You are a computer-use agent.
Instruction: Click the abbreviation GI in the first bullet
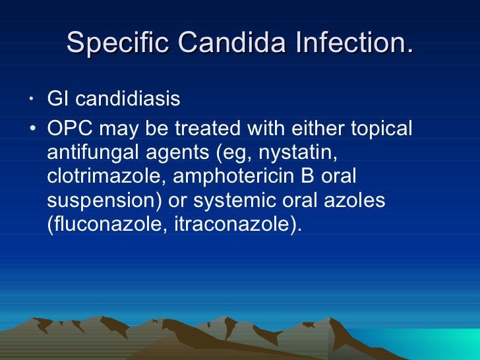57,99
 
